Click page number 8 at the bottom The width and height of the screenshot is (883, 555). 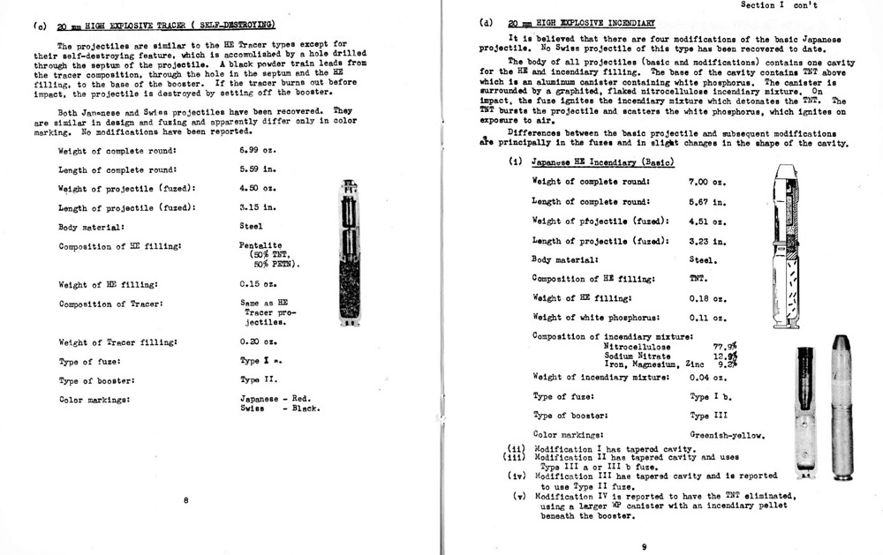[x=185, y=501]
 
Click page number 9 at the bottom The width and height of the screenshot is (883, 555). [x=645, y=547]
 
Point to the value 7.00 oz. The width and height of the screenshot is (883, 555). [x=707, y=182]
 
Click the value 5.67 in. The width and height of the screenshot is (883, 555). [x=707, y=202]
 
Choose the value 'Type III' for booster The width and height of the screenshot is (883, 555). [x=708, y=416]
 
